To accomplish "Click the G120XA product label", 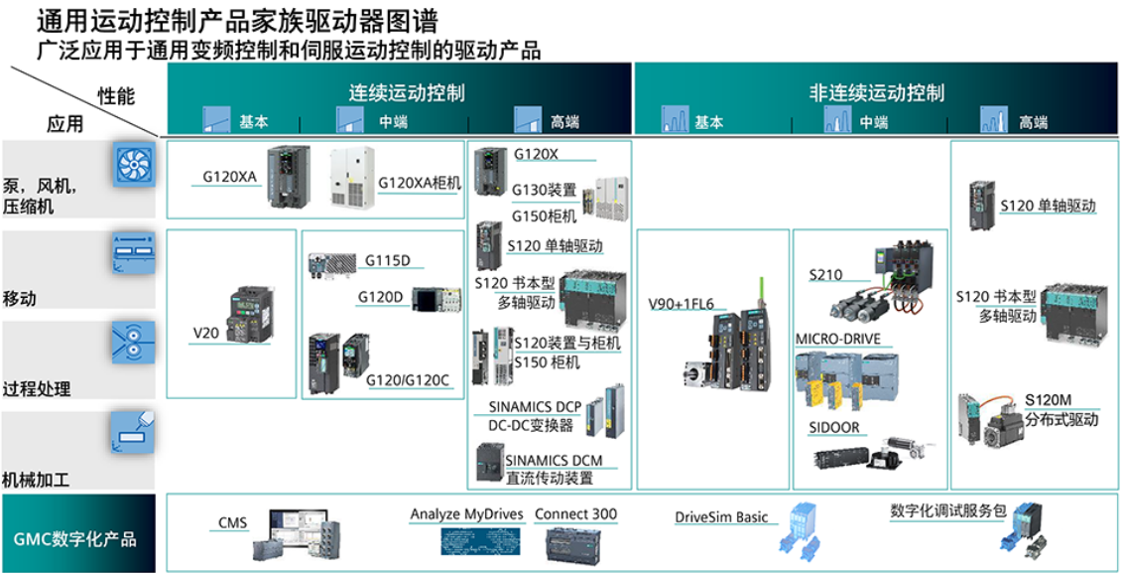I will click(229, 177).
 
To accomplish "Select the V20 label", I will click(205, 334).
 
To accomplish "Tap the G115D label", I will click(388, 261).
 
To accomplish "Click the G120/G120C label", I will click(407, 379).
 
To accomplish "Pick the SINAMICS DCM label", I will click(552, 461).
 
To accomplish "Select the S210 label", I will click(825, 274).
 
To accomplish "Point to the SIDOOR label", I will click(833, 428).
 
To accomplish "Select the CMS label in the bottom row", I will click(232, 522).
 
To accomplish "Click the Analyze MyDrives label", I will click(468, 514).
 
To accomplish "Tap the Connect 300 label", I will click(575, 514).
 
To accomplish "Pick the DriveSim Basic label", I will click(721, 517).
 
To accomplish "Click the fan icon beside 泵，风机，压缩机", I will click(132, 164).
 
